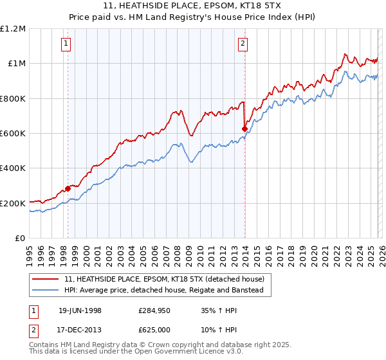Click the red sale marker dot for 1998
(x=68, y=188)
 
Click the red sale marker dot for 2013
(x=244, y=129)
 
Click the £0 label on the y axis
(x=21, y=239)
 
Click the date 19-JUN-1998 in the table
(x=80, y=310)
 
